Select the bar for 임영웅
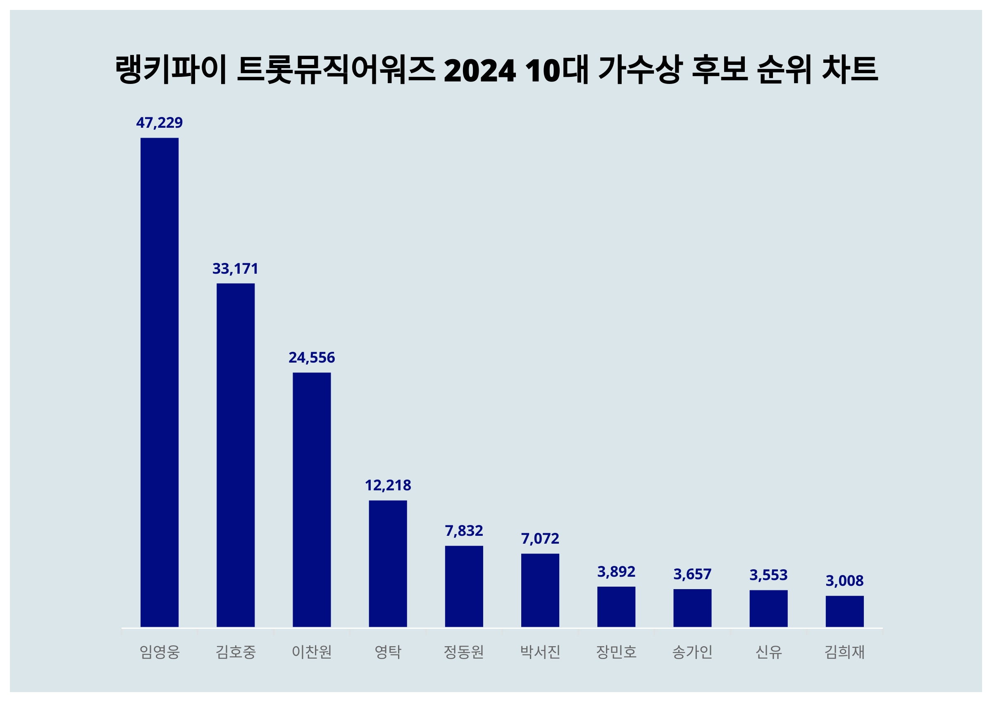(160, 382)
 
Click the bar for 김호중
(236, 455)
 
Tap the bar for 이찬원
(312, 499)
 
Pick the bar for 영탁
(388, 563)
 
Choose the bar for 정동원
(464, 586)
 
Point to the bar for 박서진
(540, 590)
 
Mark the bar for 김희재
(844, 611)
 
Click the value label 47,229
(160, 123)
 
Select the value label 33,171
(236, 268)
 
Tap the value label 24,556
(312, 358)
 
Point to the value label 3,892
(616, 571)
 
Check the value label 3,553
(768, 575)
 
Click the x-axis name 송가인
(692, 652)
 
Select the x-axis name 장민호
(616, 652)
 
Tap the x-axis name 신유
(768, 652)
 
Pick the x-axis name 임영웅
(160, 652)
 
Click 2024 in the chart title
(479, 70)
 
